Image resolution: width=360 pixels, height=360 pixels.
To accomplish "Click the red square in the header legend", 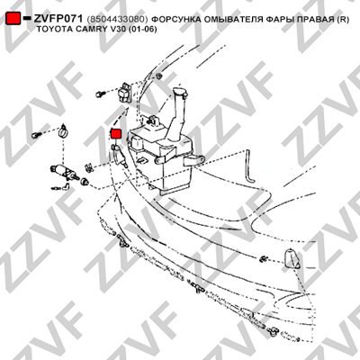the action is coord(13,18).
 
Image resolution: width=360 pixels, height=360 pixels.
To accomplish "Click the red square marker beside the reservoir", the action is coord(116,133).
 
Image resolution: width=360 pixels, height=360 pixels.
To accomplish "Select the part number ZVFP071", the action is coord(58,19).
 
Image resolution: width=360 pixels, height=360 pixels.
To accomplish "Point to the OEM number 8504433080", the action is coord(117,20).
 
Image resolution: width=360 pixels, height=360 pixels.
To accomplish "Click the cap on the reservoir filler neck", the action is coord(180,92).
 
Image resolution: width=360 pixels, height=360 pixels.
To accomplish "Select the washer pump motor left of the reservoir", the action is coord(64,172).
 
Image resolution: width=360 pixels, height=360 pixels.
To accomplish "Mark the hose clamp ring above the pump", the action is coord(63,130).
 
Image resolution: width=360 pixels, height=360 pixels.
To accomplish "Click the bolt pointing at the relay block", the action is coord(100,94).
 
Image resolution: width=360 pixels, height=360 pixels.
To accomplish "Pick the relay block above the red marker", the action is coord(124,91).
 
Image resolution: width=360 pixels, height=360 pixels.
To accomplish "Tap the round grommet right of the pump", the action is coord(85,181).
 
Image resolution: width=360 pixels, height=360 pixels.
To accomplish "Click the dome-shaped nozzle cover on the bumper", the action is coord(292,258).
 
